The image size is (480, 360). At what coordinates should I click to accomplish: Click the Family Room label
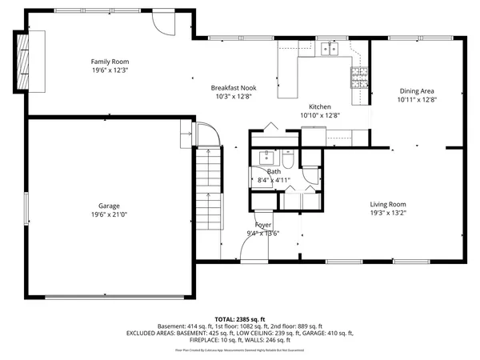110,62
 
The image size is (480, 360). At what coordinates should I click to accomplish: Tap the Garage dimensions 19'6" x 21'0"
110,214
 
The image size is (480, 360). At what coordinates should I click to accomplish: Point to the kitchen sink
329,50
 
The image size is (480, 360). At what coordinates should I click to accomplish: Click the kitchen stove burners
358,77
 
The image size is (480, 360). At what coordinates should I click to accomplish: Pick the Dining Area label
417,91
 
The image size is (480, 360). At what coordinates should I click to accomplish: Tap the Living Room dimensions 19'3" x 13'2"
388,213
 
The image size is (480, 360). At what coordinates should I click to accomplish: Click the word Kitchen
320,106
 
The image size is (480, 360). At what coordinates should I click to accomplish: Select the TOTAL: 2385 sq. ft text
240,319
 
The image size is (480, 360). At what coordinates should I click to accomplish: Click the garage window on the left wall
26,213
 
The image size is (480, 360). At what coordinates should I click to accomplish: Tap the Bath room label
274,171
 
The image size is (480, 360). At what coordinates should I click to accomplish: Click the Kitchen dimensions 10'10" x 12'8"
320,115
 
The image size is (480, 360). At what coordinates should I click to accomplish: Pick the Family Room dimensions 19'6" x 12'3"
110,70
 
